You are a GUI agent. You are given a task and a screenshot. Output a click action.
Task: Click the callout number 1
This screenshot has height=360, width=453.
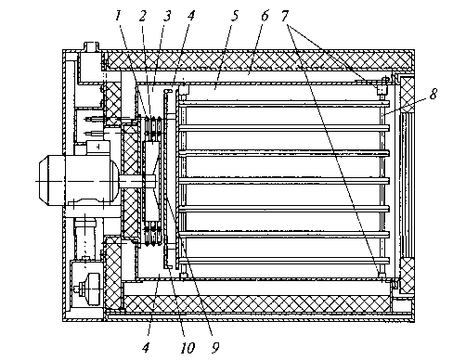click(118, 16)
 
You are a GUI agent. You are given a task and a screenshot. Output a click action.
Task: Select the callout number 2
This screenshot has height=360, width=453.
click(142, 16)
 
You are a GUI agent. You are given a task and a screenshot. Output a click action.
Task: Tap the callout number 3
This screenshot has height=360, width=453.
click(167, 16)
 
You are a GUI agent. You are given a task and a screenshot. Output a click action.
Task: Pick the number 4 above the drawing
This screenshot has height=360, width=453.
click(191, 16)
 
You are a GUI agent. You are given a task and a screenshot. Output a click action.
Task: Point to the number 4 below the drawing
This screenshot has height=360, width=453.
click(146, 348)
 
